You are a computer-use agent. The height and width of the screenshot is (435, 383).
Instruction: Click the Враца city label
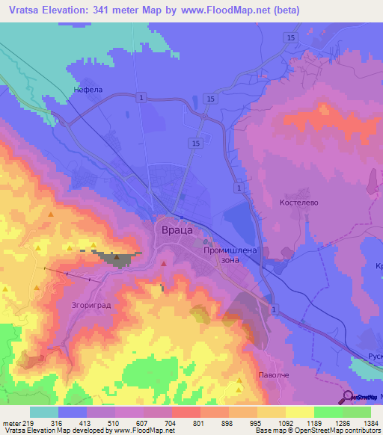(178, 232)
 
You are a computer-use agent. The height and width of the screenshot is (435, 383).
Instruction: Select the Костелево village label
(298, 203)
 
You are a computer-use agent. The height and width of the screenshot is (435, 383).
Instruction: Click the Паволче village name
(273, 374)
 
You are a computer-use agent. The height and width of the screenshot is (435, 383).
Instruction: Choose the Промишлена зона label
(231, 257)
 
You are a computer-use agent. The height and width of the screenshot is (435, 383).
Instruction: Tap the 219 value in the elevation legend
(28, 422)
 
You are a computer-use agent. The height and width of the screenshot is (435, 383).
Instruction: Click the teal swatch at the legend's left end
(43, 412)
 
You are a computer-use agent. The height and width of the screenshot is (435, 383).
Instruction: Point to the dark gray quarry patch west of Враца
(117, 259)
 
